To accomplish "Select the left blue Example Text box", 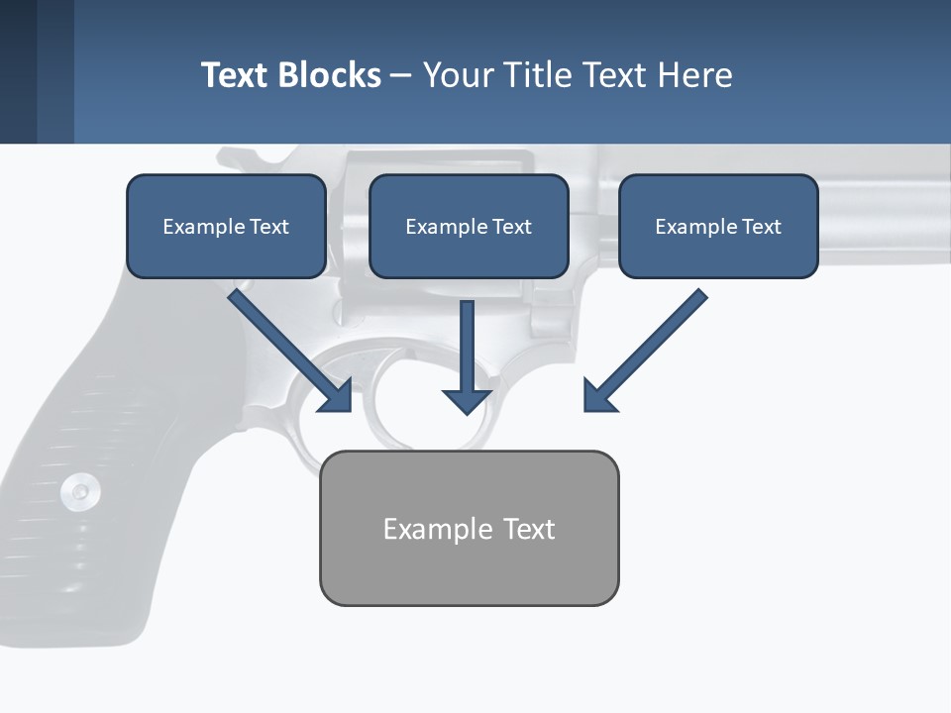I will pos(226,227).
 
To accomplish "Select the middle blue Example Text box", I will pos(469,227).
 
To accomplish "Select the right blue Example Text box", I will pos(718,227).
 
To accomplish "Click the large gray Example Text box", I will pos(469,529).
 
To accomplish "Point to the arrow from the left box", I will pos(287,347).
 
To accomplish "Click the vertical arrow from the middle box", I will pos(468,347).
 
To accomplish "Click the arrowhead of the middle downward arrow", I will pos(468,400).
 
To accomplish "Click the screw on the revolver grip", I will pos(79,491).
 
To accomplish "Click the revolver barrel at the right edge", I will pos(892,213).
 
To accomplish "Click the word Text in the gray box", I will pos(529,529).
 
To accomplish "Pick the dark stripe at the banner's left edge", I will pos(18,71).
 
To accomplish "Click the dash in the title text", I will pos(401,75).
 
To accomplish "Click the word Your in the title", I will pos(458,75).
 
